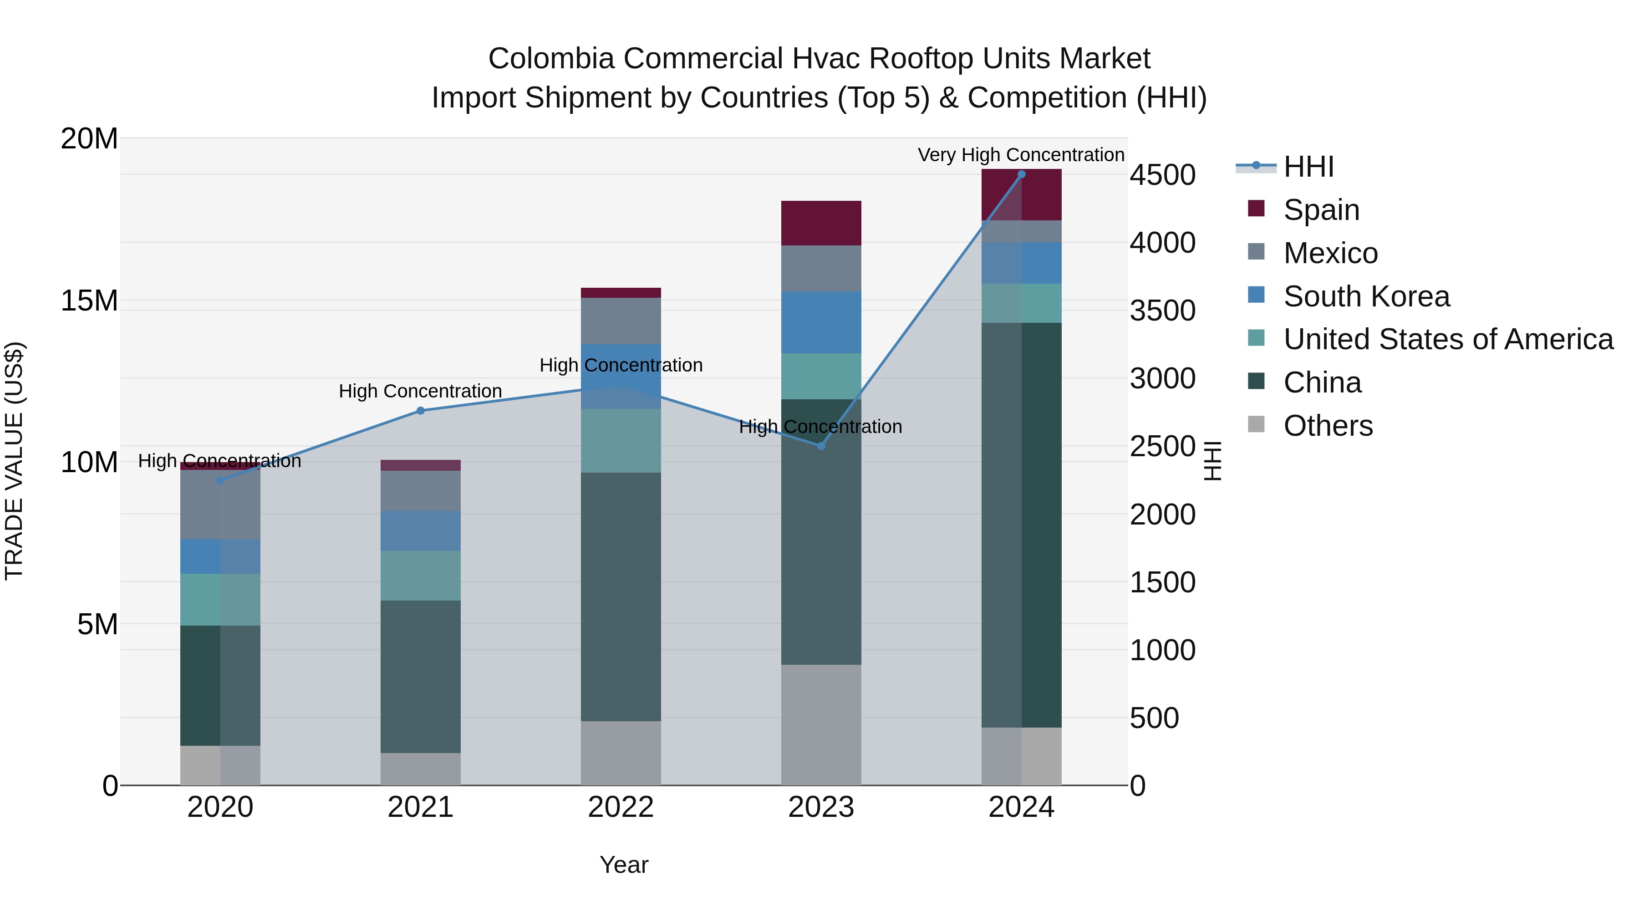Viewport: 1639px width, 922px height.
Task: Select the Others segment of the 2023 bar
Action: point(821,725)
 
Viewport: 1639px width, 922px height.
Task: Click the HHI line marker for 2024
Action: point(1021,174)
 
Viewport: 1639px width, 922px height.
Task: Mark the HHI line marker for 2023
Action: point(821,446)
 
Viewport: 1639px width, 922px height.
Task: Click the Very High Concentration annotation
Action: point(1021,155)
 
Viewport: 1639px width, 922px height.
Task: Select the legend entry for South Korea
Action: point(1366,296)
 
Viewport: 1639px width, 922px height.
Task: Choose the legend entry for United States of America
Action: point(1447,339)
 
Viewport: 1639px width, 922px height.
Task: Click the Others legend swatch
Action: point(1256,424)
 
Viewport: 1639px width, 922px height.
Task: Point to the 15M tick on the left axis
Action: point(89,301)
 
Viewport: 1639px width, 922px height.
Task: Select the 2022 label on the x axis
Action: point(621,807)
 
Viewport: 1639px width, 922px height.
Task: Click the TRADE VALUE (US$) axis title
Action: point(14,461)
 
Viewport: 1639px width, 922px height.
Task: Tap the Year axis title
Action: point(624,865)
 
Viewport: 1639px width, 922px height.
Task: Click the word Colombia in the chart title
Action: point(551,59)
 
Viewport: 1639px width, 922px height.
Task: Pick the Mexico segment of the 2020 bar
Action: point(220,505)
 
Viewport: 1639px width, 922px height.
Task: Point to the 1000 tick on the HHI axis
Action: point(1162,650)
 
